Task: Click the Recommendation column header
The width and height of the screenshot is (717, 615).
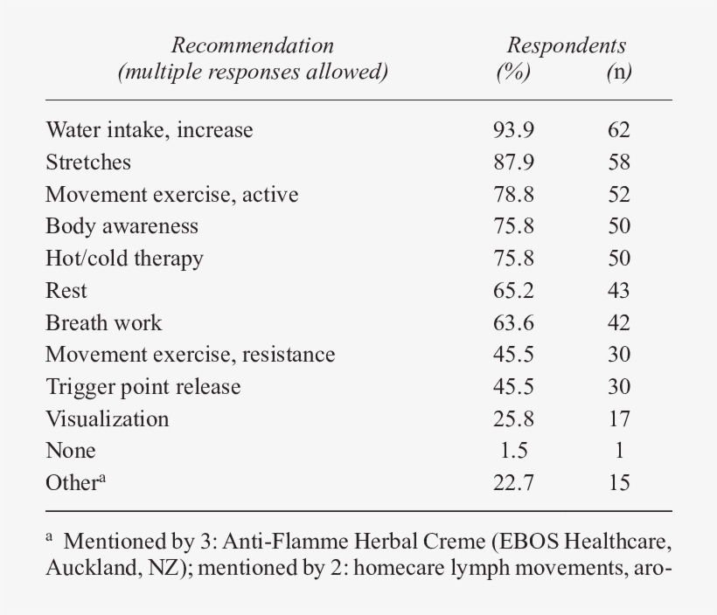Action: point(252,45)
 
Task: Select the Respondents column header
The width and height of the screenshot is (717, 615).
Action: point(567,45)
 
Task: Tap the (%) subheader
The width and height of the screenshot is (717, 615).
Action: point(513,73)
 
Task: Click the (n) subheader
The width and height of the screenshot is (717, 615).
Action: point(619,73)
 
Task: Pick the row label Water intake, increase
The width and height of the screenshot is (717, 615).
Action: point(150,130)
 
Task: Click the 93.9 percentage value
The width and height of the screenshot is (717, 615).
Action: point(513,130)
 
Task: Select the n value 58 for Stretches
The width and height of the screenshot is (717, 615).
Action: point(619,162)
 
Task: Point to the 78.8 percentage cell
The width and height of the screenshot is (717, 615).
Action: point(513,195)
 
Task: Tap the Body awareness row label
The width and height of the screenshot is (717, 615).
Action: point(122,226)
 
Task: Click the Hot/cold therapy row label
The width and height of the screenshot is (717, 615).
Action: point(124,259)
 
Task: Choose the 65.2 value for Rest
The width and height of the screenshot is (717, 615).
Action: point(513,291)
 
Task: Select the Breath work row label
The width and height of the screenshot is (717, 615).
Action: point(104,322)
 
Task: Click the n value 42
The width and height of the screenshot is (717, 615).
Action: point(619,322)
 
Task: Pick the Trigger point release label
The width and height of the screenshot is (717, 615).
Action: point(143,387)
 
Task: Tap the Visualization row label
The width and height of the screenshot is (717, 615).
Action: point(108,419)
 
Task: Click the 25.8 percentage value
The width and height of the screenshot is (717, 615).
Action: point(513,419)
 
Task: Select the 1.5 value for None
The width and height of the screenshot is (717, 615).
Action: point(513,451)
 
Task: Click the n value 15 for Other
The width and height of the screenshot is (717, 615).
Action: point(619,483)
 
